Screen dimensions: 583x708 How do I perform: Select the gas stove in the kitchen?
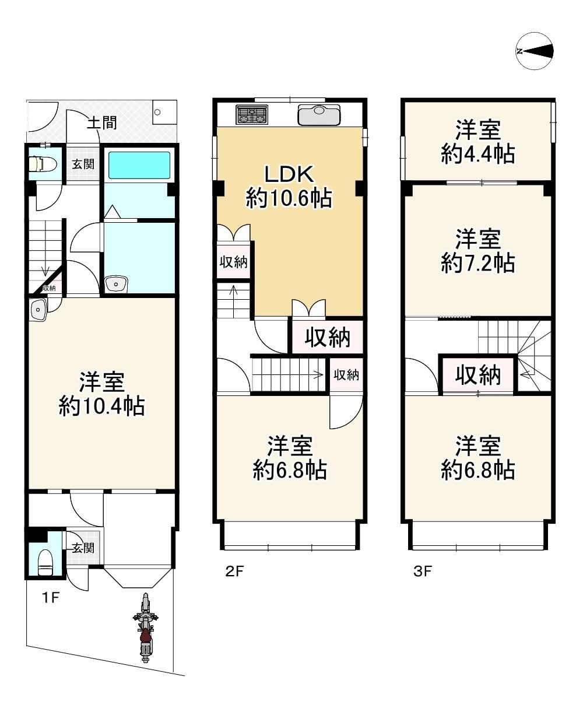pyautogui.click(x=252, y=114)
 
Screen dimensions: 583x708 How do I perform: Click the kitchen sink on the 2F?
pyautogui.click(x=319, y=115)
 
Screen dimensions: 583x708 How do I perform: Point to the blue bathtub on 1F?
pyautogui.click(x=139, y=165)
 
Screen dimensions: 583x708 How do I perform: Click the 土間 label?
pyautogui.click(x=101, y=123)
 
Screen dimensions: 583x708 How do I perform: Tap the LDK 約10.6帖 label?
pyautogui.click(x=289, y=186)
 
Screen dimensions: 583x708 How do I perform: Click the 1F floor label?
pyautogui.click(x=51, y=598)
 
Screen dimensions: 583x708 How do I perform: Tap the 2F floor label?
pyautogui.click(x=234, y=572)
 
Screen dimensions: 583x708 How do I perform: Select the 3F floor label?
pyautogui.click(x=423, y=572)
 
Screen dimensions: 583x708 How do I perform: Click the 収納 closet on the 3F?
pyautogui.click(x=478, y=374)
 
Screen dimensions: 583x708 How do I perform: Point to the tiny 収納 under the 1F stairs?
pyautogui.click(x=50, y=288)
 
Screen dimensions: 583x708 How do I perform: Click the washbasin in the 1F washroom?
pyautogui.click(x=116, y=284)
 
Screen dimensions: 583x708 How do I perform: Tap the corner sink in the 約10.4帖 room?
pyautogui.click(x=38, y=310)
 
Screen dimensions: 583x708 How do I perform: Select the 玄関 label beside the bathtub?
pyautogui.click(x=83, y=164)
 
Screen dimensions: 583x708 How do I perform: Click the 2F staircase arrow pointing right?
pyautogui.click(x=318, y=374)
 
